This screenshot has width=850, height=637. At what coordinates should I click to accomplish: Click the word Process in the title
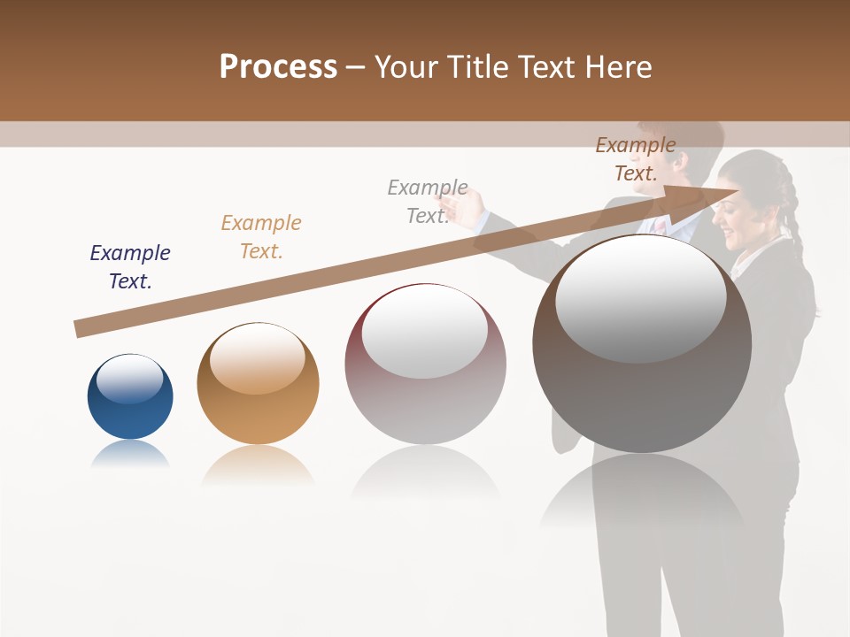coord(278,67)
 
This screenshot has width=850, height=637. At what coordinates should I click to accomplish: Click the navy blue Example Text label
coord(130,266)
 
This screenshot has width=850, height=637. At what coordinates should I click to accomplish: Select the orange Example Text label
coord(261,236)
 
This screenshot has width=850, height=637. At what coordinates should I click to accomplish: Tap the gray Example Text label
coord(428,201)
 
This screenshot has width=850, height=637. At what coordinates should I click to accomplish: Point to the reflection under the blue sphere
coord(130,454)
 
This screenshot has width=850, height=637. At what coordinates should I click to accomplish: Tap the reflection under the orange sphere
coord(258,464)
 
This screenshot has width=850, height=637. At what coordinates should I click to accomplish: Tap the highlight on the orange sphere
coord(258,359)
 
